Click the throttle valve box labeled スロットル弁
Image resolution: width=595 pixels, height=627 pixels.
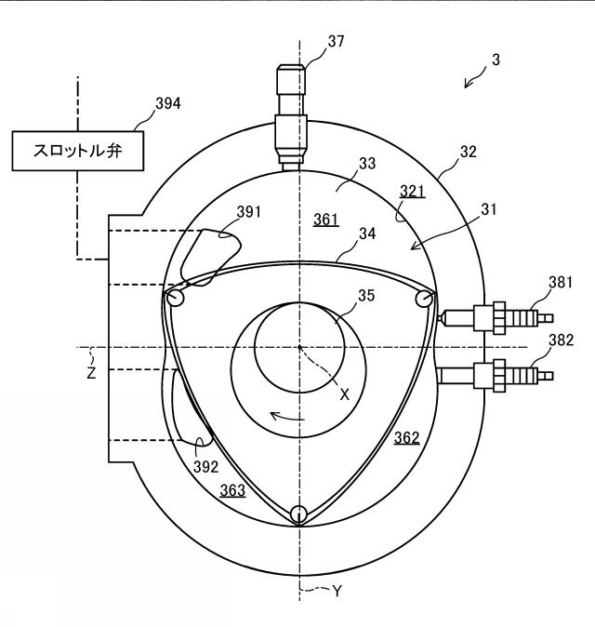coord(77,151)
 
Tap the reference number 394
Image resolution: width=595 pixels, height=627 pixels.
coord(168,103)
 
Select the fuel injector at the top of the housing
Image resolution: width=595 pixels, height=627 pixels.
coord(291,118)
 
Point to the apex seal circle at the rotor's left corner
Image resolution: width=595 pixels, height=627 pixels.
coord(175,299)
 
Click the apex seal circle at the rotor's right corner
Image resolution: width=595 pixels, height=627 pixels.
coord(424,299)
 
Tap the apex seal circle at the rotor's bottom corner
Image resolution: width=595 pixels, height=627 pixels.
coord(299,514)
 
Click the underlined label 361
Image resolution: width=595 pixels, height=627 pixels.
coord(326,220)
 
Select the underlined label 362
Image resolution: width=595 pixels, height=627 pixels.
coord(407,438)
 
